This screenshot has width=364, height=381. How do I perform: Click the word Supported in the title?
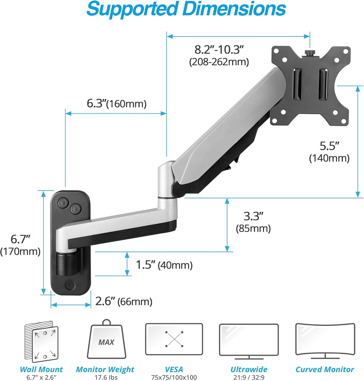tap(132, 9)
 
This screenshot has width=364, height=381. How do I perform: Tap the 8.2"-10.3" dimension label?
tap(219, 50)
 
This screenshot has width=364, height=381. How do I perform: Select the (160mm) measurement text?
tap(126, 104)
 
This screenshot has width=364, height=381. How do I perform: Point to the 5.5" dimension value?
tap(329, 146)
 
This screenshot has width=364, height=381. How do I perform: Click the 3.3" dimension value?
tap(253, 216)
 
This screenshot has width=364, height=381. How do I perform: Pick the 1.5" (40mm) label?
tap(164, 265)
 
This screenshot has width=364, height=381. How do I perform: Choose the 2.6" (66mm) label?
tap(124, 301)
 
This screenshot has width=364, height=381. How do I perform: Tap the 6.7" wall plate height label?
tap(20, 239)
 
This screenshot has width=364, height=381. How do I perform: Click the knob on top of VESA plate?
tap(310, 53)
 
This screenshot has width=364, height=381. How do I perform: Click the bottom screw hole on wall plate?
tap(70, 284)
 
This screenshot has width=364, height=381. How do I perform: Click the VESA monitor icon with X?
tap(174, 339)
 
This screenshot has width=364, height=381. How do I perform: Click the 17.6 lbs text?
tap(106, 377)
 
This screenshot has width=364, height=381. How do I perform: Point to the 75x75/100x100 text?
tap(174, 377)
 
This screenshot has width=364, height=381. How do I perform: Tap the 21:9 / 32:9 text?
tap(249, 377)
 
